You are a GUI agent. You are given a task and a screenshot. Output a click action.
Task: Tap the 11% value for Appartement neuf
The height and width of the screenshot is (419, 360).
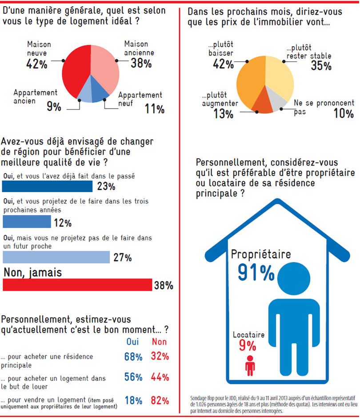[x=154, y=109]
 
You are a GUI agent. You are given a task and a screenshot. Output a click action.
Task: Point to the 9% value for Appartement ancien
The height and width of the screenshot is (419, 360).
[x=54, y=107]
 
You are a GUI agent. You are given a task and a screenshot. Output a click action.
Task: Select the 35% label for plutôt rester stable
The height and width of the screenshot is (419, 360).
[x=321, y=66]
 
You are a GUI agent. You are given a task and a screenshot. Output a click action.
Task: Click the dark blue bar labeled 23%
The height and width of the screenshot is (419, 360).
[x=48, y=185]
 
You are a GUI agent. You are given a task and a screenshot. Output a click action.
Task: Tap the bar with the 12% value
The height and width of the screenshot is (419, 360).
[x=27, y=221]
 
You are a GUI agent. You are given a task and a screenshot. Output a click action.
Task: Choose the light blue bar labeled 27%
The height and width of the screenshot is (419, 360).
[x=56, y=257]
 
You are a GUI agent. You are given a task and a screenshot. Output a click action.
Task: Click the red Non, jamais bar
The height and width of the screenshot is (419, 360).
[x=77, y=285]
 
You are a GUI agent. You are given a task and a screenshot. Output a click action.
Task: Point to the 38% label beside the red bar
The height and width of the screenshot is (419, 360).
[x=163, y=285]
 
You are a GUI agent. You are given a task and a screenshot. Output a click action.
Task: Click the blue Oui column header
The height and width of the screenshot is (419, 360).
[x=133, y=342]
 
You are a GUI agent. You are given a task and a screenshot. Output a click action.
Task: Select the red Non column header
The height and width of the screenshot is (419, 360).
[x=159, y=342]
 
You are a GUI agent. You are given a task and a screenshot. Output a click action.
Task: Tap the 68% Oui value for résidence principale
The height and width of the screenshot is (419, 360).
[x=133, y=357]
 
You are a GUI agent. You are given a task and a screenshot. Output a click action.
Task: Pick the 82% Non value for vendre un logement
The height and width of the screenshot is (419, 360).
[x=160, y=400]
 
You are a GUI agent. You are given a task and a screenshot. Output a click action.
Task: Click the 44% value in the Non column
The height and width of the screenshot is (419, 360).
[x=160, y=377]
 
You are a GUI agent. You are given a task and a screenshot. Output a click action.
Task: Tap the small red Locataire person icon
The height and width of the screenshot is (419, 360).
[x=250, y=364]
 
